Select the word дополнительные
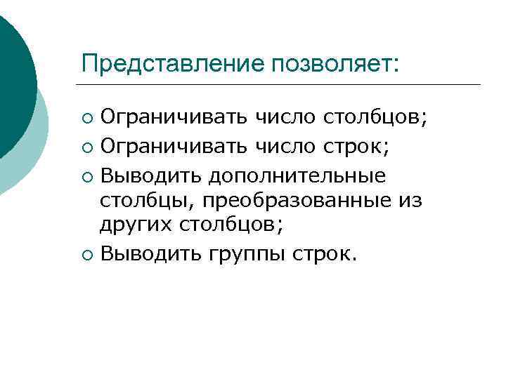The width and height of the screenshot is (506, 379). point(298,174)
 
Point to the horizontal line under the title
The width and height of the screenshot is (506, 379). point(281,85)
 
